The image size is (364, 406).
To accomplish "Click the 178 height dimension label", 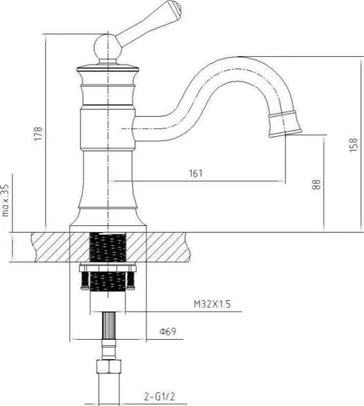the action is point(38,134).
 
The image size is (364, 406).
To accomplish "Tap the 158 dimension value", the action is point(353,145).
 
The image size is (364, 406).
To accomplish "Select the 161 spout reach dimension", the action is point(196,173).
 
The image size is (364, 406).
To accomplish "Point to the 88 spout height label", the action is point(316,185).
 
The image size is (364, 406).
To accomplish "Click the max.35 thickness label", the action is point(5,200).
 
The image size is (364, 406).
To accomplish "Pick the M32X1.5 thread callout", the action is point(212,304).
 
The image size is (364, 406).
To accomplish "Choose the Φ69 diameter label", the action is point(167,331).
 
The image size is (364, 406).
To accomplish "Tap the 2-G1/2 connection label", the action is point(160,397).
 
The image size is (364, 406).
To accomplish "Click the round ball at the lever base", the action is point(108,48).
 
